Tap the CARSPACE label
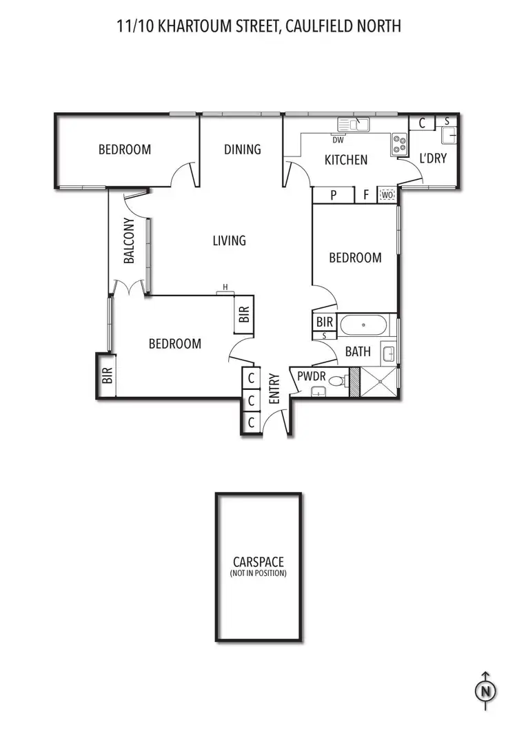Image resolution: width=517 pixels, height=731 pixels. [x=258, y=562]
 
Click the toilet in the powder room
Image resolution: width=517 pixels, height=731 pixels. [x=337, y=381]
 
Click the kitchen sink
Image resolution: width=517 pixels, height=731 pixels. [x=354, y=124]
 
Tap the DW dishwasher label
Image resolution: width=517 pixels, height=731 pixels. [x=338, y=140]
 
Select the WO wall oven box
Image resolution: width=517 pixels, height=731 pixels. [x=387, y=195]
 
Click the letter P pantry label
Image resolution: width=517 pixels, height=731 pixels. [x=333, y=195]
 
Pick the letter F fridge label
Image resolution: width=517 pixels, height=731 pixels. [x=366, y=195]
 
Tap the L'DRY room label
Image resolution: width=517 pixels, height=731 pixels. [x=433, y=158]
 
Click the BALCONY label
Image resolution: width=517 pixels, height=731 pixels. [x=129, y=241]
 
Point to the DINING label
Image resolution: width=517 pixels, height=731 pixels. [x=243, y=149]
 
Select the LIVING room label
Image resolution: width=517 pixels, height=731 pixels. [x=229, y=240]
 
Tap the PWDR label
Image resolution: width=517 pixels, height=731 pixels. [x=311, y=376]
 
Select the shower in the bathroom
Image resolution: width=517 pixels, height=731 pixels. [x=380, y=382]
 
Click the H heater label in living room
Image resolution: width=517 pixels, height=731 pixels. [x=225, y=287]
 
